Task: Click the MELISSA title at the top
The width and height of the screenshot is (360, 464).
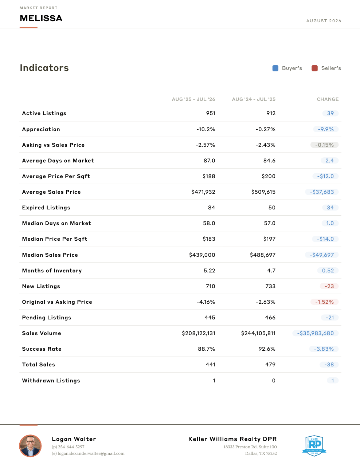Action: (x=41, y=18)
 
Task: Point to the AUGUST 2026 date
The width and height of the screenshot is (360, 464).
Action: (x=324, y=21)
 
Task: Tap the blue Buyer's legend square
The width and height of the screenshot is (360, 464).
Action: (x=275, y=68)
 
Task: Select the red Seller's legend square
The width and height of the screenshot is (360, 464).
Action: (x=314, y=68)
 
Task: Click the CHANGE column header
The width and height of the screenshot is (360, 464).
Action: (x=328, y=99)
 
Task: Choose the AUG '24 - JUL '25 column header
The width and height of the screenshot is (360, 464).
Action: (x=254, y=99)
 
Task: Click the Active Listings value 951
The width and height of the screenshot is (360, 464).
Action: (x=211, y=113)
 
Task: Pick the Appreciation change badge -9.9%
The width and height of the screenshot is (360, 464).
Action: (x=326, y=129)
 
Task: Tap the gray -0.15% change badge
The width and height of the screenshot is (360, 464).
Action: (x=324, y=145)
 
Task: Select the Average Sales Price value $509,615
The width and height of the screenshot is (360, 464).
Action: (x=263, y=192)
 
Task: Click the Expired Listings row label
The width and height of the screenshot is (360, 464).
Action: (x=46, y=208)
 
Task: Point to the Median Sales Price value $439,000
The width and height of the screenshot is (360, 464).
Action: (x=202, y=255)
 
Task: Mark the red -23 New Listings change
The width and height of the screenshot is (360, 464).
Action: (x=329, y=286)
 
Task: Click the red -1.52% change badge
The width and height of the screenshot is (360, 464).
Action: (x=324, y=302)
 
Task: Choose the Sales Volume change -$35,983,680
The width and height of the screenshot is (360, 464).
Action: (x=316, y=333)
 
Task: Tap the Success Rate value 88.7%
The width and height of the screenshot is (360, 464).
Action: (x=207, y=349)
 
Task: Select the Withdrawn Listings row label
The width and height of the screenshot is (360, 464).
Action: (x=51, y=381)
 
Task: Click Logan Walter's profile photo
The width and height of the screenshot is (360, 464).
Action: (x=30, y=446)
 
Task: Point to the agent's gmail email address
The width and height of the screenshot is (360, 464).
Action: (x=88, y=453)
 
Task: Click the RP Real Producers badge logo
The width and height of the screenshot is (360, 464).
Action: (x=314, y=446)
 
